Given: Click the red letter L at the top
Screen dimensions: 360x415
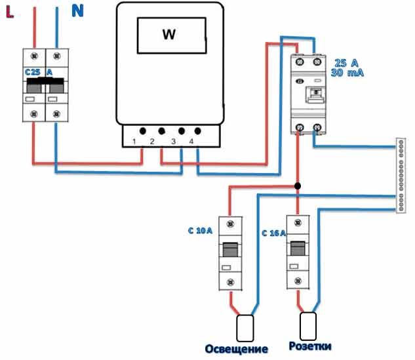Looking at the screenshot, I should pos(10,11).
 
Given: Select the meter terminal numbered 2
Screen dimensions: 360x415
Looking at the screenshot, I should pos(153,141).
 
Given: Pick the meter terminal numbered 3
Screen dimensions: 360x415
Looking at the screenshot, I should pos(173,141).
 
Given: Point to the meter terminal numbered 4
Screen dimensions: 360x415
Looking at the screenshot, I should pos(191,141).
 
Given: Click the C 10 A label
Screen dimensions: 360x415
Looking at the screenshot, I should pos(200,231).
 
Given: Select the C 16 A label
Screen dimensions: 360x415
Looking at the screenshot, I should pos(273,233).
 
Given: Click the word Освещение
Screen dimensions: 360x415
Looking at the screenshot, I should pos(237,348).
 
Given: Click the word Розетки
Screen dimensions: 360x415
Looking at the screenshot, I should pos(309,346).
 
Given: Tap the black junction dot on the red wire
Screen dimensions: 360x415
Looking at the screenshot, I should pos(298,186).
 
